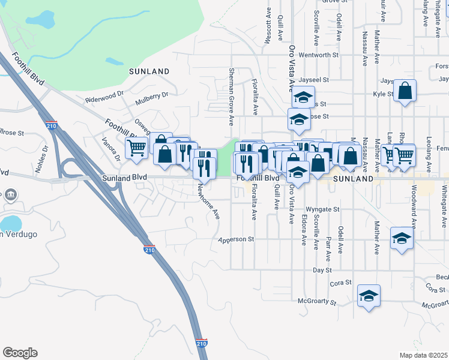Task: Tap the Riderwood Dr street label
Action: coord(104,95)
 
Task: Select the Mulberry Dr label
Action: coord(152,94)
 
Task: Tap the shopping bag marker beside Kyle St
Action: coord(405,91)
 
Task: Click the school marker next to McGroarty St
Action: coord(369,296)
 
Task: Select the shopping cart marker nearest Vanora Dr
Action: coord(137,147)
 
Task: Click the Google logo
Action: coord(20,353)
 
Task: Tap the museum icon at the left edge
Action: coord(10,195)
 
